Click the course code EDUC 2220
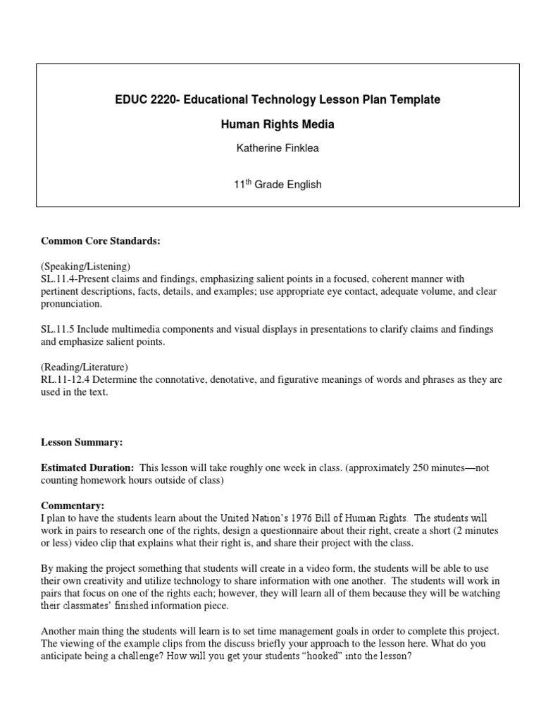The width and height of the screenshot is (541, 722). tap(147, 100)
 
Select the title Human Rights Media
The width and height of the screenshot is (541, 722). tap(278, 125)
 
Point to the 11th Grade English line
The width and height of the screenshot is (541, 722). tap(278, 185)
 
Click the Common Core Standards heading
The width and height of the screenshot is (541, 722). tap(101, 241)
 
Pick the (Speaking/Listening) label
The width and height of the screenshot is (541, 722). tap(85, 267)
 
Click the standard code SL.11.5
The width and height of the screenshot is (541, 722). tap(59, 330)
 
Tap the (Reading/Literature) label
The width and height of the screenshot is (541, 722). tap(85, 367)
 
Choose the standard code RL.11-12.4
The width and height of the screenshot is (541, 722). tap(66, 380)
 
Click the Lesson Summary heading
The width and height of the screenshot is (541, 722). tap(81, 442)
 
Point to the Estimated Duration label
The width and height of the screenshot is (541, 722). tap(87, 467)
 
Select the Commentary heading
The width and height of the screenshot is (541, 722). tap(72, 506)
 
